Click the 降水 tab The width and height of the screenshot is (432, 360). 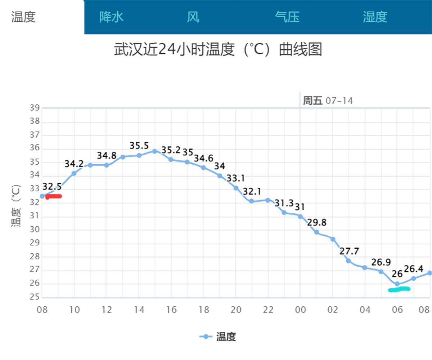tap(111, 17)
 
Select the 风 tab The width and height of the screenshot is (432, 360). tap(193, 17)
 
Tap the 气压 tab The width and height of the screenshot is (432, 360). tap(287, 17)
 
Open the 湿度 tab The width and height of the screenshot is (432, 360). tap(375, 17)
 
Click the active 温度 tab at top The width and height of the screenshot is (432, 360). tap(24, 17)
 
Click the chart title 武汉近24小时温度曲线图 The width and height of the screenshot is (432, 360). tap(218, 49)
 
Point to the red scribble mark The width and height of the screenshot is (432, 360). tap(54, 196)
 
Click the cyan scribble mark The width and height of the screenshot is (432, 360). tap(399, 289)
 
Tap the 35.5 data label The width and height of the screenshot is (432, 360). tap(139, 146)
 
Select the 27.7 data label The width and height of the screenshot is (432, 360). tap(349, 251)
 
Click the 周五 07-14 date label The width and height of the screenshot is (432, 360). tap(328, 101)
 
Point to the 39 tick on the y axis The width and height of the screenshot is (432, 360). tap(35, 108)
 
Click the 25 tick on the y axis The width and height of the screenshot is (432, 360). tap(35, 297)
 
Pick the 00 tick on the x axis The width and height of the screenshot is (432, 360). tap(300, 310)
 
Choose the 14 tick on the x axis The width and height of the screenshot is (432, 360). tap(139, 310)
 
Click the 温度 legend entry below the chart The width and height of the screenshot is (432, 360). tap(218, 337)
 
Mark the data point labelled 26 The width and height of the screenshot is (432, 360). tap(397, 284)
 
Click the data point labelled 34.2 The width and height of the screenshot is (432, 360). tap(74, 173)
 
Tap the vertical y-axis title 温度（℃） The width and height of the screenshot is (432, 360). tap(16, 205)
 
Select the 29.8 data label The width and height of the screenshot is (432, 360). tap(317, 223)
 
